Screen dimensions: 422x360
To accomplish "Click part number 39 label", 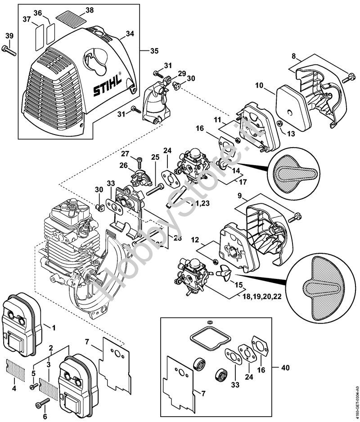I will tap(9, 36).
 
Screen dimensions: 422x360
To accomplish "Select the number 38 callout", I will tap(90, 9).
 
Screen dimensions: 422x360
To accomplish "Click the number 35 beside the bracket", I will tap(154, 51).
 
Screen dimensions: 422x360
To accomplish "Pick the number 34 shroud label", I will tap(130, 34).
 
